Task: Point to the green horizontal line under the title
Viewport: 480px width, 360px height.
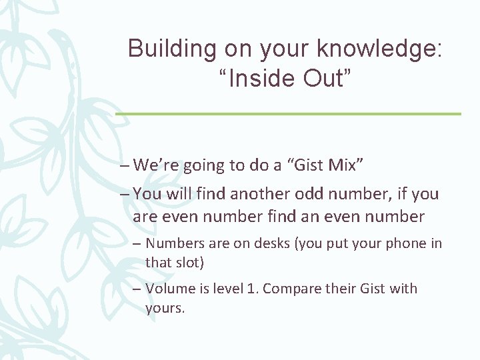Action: [x=288, y=114]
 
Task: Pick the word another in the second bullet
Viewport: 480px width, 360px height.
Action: [x=257, y=194]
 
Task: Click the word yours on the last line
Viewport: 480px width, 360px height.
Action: [x=163, y=309]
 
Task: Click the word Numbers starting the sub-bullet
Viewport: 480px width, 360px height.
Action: [x=172, y=244]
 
